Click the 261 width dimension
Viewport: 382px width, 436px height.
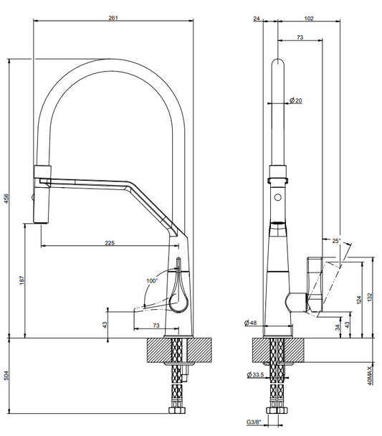tap(113, 18)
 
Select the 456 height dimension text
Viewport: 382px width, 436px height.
tap(6, 198)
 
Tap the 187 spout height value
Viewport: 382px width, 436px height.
tap(22, 280)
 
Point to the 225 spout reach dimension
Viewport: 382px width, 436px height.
tap(110, 243)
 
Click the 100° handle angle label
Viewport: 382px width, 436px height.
tap(152, 281)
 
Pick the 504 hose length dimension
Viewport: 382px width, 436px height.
tap(6, 375)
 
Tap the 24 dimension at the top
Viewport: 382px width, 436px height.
tap(257, 19)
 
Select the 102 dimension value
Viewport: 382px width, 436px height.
tap(309, 19)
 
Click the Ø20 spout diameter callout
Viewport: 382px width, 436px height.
tap(295, 100)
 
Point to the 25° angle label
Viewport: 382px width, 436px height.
tap(336, 241)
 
